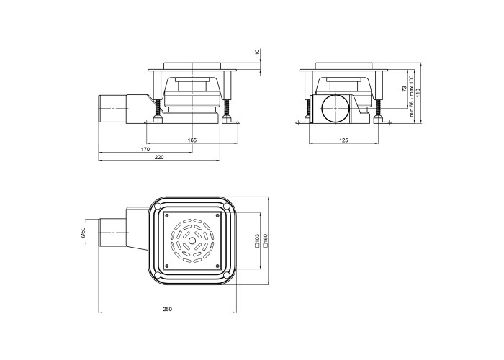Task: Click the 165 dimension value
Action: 192,140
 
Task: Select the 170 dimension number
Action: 145,149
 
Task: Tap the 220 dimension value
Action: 159,157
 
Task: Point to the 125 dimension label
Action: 343,140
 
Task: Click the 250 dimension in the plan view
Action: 167,309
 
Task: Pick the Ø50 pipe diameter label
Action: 82,233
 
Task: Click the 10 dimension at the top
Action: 257,51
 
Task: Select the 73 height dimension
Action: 405,89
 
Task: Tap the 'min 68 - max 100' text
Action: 411,96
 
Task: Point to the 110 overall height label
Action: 418,93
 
